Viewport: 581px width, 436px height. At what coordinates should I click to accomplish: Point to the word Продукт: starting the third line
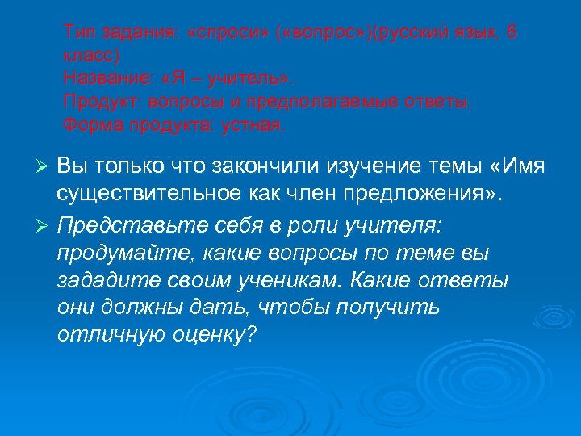pos(96,103)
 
